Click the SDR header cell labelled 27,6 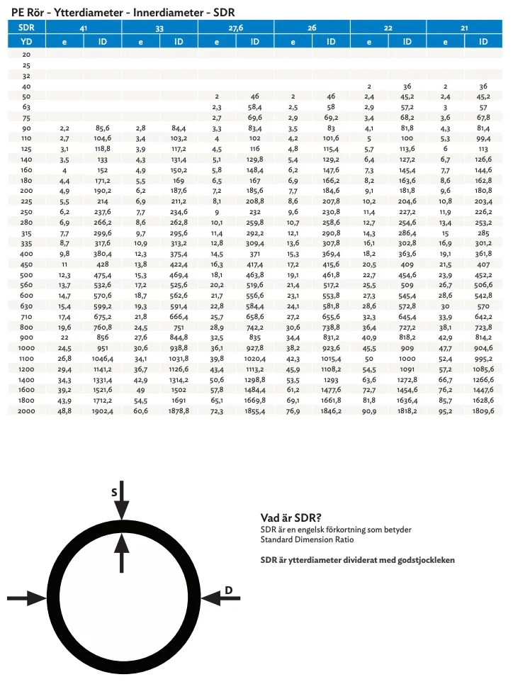(x=236, y=27)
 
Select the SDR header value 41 (x=84, y=27)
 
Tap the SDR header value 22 (x=388, y=27)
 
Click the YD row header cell (x=26, y=42)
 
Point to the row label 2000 (x=26, y=411)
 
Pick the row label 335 (x=26, y=242)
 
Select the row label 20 (x=26, y=54)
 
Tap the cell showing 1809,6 (x=483, y=411)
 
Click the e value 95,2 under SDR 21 (x=445, y=411)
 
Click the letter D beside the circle (x=228, y=590)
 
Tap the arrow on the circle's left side (x=28, y=599)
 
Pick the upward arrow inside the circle (x=123, y=552)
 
